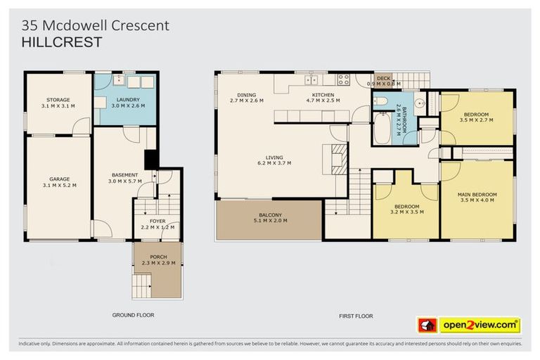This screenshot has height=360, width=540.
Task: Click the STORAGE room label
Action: (x=58, y=100)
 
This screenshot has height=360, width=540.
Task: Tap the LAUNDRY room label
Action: (x=128, y=100)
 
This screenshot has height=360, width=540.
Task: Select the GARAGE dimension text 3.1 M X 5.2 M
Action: (x=60, y=185)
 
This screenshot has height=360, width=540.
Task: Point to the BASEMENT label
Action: (x=124, y=175)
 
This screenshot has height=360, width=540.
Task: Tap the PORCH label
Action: (x=158, y=257)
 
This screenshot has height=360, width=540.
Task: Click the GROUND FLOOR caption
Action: (x=133, y=315)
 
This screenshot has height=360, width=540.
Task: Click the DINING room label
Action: (x=246, y=95)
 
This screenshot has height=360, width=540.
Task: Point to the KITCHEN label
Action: (x=323, y=95)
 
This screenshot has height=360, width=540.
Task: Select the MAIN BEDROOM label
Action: (x=477, y=194)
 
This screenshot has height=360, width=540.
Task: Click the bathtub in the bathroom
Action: (x=382, y=129)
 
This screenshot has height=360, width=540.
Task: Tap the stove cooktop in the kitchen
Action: (x=343, y=79)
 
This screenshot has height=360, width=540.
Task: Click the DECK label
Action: (x=383, y=79)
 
